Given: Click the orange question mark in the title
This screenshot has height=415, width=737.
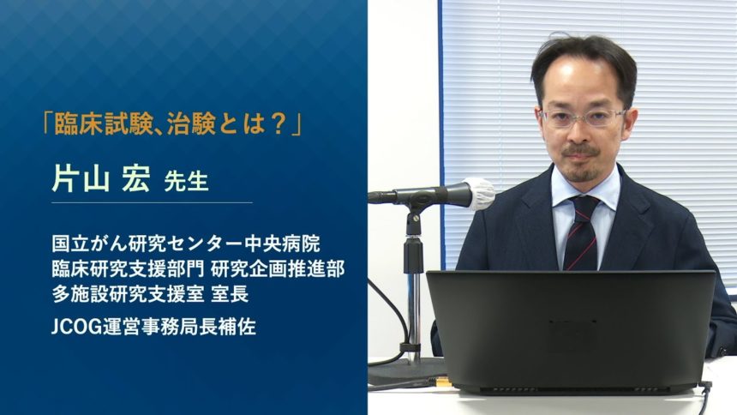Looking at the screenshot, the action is pyautogui.click(x=279, y=123).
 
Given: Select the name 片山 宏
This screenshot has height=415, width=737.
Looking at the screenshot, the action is pyautogui.click(x=101, y=179).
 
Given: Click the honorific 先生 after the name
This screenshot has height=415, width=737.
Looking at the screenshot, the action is pyautogui.click(x=186, y=182).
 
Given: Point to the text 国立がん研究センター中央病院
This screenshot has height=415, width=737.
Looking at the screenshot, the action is pyautogui.click(x=186, y=244).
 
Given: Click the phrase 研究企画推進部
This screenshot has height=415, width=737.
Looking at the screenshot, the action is pyautogui.click(x=278, y=268).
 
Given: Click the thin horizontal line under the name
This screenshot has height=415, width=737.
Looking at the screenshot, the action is pyautogui.click(x=152, y=203).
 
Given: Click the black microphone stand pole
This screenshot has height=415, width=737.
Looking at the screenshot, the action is pyautogui.click(x=413, y=282).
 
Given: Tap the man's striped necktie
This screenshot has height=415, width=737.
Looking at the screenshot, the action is pyautogui.click(x=581, y=232).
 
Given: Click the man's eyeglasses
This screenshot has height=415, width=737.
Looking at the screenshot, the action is pyautogui.click(x=583, y=117).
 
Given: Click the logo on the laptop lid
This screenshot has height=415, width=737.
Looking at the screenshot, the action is pyautogui.click(x=572, y=328).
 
